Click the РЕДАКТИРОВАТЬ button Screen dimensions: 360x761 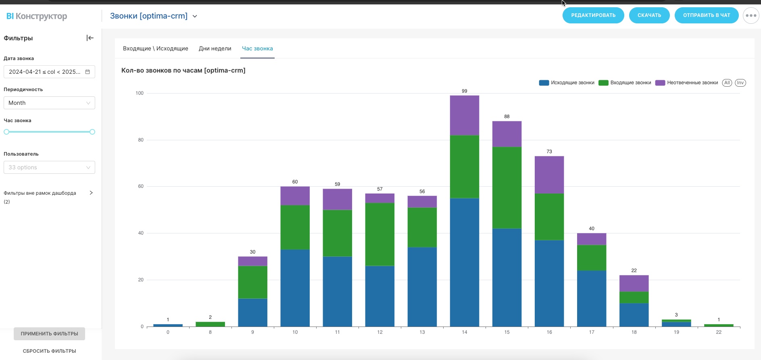click(593, 15)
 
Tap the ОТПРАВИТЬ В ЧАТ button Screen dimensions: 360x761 click(706, 15)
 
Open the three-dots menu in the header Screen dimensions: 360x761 click(751, 16)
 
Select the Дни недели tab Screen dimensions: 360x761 click(215, 48)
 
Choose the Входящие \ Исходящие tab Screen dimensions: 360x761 click(155, 48)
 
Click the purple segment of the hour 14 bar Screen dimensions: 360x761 click(464, 115)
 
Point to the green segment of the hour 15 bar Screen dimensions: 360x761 click(507, 187)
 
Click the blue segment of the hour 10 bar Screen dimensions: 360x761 click(295, 288)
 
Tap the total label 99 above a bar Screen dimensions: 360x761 click(464, 91)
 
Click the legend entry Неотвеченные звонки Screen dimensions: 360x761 click(692, 83)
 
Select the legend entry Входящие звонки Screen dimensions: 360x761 click(630, 83)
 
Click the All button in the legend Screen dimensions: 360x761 click(727, 83)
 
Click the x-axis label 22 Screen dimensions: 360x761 click(718, 332)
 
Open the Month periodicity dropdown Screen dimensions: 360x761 click(49, 103)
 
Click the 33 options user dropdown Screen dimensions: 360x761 click(49, 167)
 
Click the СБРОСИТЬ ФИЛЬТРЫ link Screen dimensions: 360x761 click(49, 351)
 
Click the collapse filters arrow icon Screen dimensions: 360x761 click(90, 38)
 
